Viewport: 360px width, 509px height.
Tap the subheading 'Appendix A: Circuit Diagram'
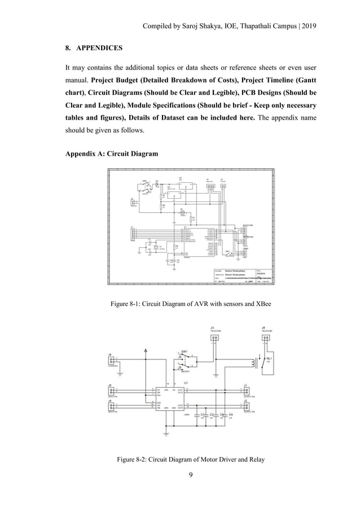coord(112,153)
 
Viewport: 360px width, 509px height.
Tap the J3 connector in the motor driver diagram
coord(214,337)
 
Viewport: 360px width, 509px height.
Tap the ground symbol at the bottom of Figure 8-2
coord(166,434)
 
